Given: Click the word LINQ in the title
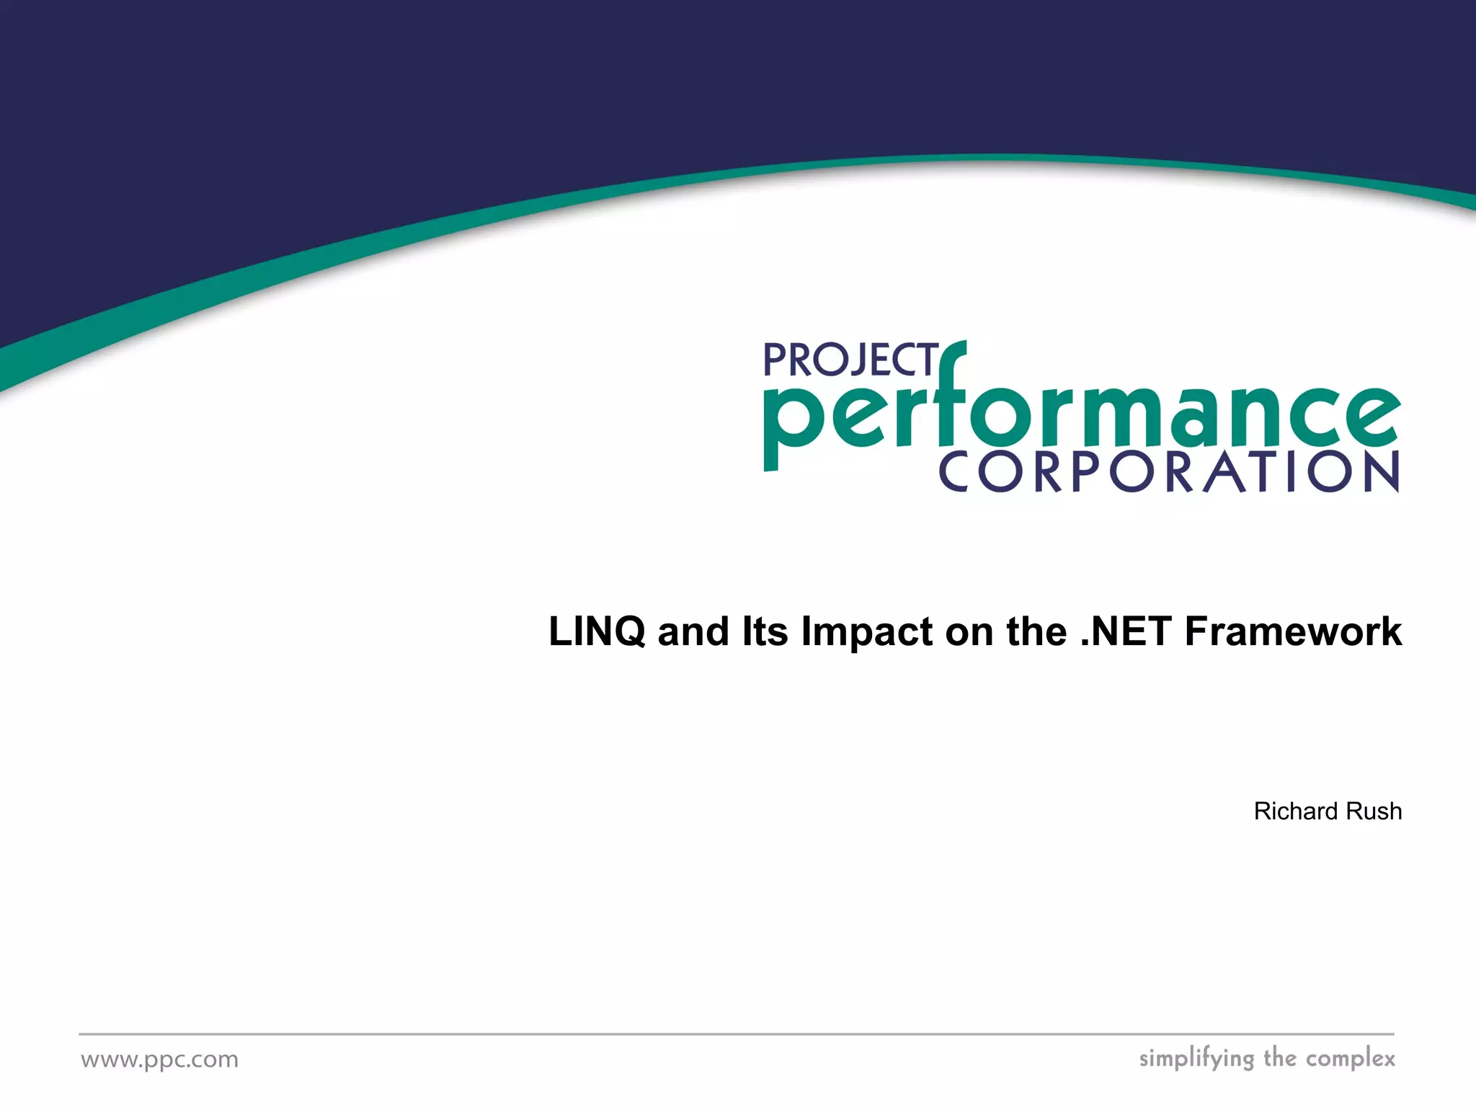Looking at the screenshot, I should coord(597,631).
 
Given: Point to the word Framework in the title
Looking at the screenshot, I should coord(1293,631).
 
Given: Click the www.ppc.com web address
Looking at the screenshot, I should coord(159,1059).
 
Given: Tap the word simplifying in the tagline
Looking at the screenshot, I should coord(1196,1059).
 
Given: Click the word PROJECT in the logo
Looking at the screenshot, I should coord(850,360).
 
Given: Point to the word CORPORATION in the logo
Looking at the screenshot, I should coord(1168,472).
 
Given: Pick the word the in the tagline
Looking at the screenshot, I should coord(1280,1058).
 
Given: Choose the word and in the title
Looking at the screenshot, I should coord(693,631).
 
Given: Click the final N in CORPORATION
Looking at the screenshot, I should coord(1379,472).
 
